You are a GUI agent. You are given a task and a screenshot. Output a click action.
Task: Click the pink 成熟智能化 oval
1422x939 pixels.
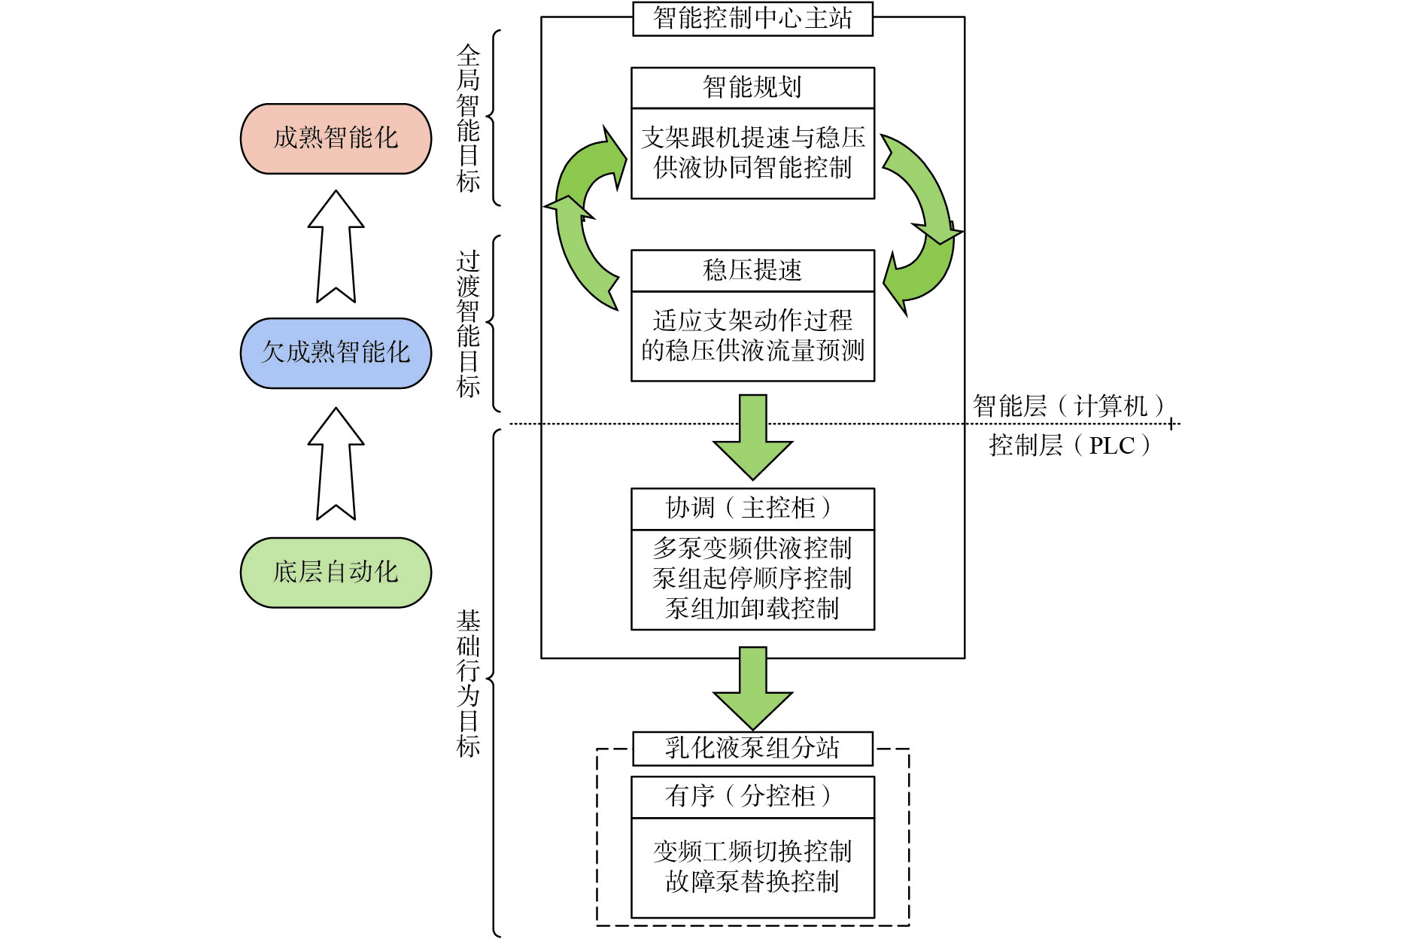336,138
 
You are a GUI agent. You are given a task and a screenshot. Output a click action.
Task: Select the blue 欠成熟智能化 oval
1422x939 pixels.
336,353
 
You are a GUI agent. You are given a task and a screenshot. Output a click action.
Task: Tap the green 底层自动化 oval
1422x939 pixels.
336,573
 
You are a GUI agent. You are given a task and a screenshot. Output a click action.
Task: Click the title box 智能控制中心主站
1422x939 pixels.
752,19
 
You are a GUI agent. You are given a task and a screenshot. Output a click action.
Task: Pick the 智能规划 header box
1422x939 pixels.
752,87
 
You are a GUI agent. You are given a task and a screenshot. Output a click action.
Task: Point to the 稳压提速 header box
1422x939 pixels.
752,270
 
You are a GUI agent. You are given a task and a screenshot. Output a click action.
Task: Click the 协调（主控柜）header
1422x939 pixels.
752,509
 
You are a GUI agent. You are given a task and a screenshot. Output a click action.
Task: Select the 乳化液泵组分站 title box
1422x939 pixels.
752,749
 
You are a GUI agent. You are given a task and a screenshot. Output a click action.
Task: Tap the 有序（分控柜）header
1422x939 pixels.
752,797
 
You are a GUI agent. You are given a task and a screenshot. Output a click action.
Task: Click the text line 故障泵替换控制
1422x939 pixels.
752,882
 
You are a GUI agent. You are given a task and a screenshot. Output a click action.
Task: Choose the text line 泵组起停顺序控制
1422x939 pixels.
752,579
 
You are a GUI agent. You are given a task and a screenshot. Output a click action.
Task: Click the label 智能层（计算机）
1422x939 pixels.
1068,406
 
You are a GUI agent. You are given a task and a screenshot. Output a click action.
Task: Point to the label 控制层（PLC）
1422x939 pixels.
1069,445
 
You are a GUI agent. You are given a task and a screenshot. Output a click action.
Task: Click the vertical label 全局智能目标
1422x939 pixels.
468,118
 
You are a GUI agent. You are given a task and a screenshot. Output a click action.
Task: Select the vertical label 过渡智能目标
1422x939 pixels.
468,324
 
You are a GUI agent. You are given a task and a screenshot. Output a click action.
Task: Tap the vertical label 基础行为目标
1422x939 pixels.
468,682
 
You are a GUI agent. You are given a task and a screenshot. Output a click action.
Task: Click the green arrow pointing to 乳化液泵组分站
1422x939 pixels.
752,688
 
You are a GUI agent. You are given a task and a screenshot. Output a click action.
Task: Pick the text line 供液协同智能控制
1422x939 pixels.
752,168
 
